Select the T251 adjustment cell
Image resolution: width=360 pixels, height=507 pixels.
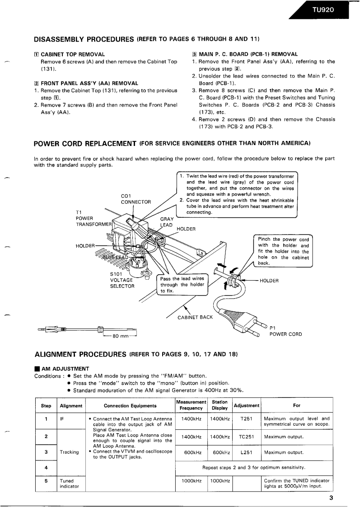point(247,418)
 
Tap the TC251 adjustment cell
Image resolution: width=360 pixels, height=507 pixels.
point(247,437)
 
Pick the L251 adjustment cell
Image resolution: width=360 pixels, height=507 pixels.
point(247,452)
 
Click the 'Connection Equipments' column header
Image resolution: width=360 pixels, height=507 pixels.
point(130,405)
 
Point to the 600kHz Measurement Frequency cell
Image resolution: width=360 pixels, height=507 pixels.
point(191,452)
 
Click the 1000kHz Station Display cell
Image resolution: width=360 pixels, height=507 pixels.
point(220,481)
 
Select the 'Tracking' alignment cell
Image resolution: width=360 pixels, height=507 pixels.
point(70,452)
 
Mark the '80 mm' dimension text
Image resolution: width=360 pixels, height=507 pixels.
point(119,336)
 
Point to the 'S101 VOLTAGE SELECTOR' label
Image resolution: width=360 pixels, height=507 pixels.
point(122,280)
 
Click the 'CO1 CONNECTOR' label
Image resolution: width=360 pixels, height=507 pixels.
point(136,199)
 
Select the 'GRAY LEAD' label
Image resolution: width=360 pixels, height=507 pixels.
point(167,222)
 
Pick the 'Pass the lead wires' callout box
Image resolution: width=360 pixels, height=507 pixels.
point(182,285)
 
